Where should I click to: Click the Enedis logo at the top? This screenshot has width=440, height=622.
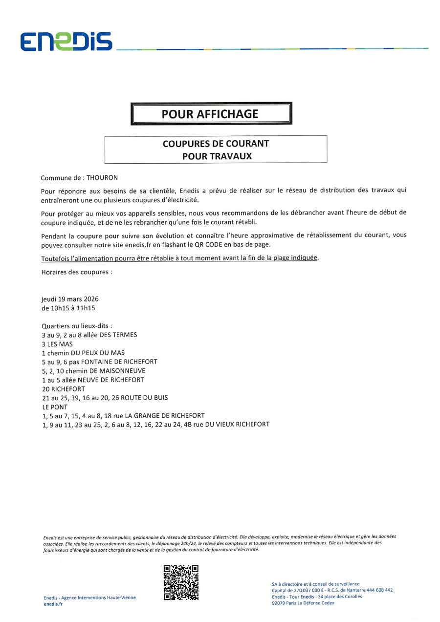[x=66, y=42]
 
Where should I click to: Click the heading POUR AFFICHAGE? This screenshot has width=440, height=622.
[x=210, y=114]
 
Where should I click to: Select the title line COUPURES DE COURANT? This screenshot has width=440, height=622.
[x=216, y=144]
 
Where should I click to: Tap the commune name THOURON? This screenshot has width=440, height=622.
[x=102, y=178]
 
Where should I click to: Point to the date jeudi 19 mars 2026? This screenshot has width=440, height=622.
[x=70, y=299]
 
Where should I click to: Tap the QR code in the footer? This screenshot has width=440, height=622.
[x=181, y=582]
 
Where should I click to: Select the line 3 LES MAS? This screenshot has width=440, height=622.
[x=57, y=344]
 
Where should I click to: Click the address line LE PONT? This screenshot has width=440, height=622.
[x=55, y=407]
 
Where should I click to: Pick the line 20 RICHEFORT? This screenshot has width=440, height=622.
[x=64, y=389]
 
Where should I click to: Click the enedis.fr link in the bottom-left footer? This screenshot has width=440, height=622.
[x=53, y=604]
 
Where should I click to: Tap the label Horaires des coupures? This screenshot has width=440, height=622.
[x=77, y=272]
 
